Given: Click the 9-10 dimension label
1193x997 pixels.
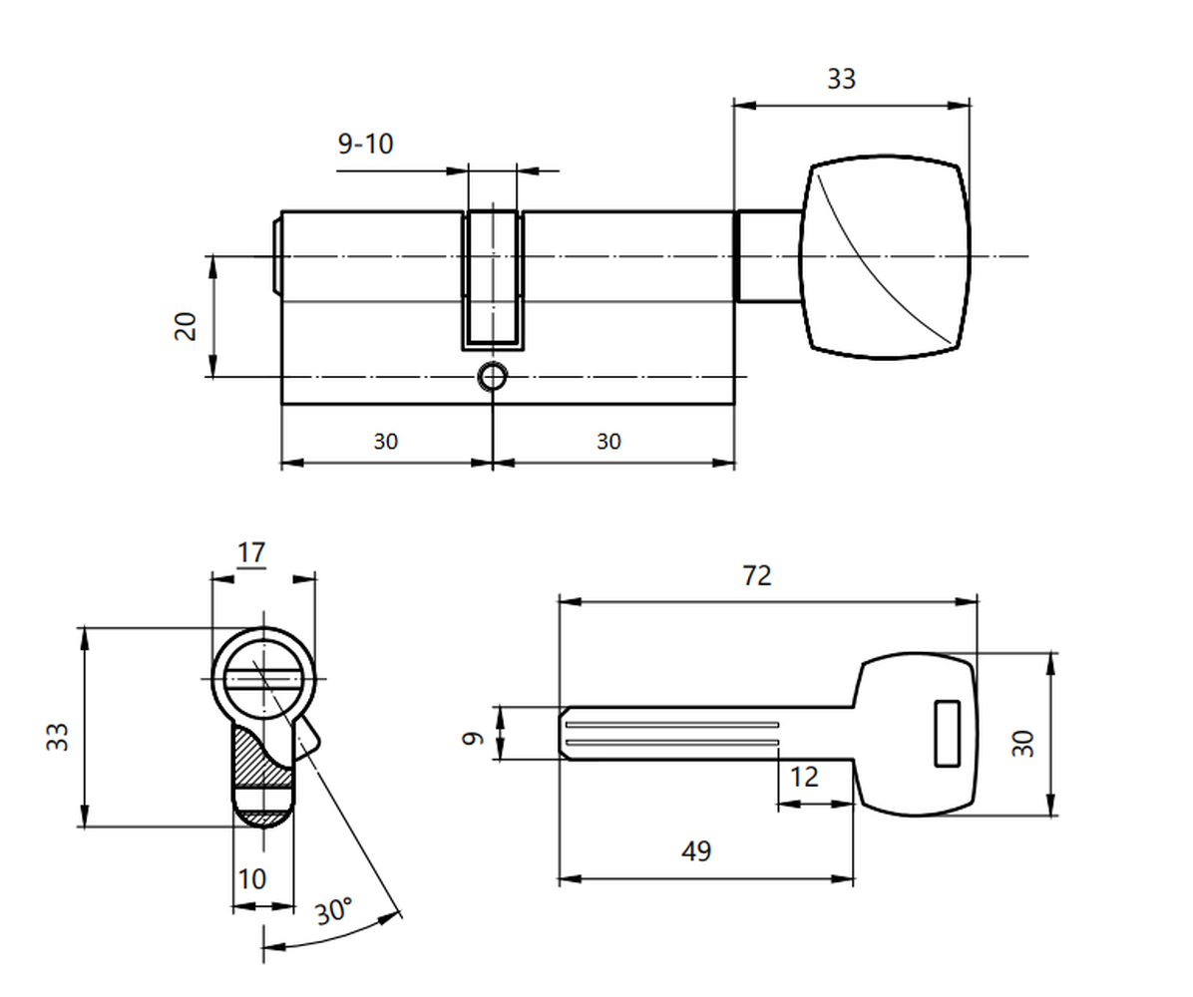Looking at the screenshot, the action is [x=365, y=143].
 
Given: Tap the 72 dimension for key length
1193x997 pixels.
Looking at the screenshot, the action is [x=756, y=575].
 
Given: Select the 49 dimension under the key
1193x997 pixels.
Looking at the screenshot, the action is [x=696, y=850].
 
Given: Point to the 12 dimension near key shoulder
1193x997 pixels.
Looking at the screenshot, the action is [x=804, y=777].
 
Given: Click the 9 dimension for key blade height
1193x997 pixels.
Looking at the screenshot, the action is [x=473, y=737].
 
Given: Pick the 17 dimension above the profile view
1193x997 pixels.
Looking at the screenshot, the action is [x=251, y=552].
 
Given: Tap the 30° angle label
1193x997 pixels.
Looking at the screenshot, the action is [x=334, y=910].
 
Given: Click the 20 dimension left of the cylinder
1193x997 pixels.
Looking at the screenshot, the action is [x=186, y=325].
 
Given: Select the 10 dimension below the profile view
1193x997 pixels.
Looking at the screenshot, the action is [x=251, y=879].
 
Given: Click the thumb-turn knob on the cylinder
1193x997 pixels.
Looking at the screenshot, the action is [x=885, y=256].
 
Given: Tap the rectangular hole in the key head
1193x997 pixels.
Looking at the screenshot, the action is [x=947, y=733].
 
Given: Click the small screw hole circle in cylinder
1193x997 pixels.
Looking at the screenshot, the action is [x=493, y=377].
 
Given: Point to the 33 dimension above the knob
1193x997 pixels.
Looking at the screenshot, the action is [x=842, y=79].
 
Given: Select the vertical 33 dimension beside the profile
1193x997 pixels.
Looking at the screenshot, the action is [x=57, y=736].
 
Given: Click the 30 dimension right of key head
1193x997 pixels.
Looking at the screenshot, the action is [x=1022, y=742].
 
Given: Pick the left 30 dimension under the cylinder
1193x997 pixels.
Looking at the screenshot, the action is [x=386, y=441].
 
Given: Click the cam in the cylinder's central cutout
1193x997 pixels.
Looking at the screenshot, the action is [x=493, y=280].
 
